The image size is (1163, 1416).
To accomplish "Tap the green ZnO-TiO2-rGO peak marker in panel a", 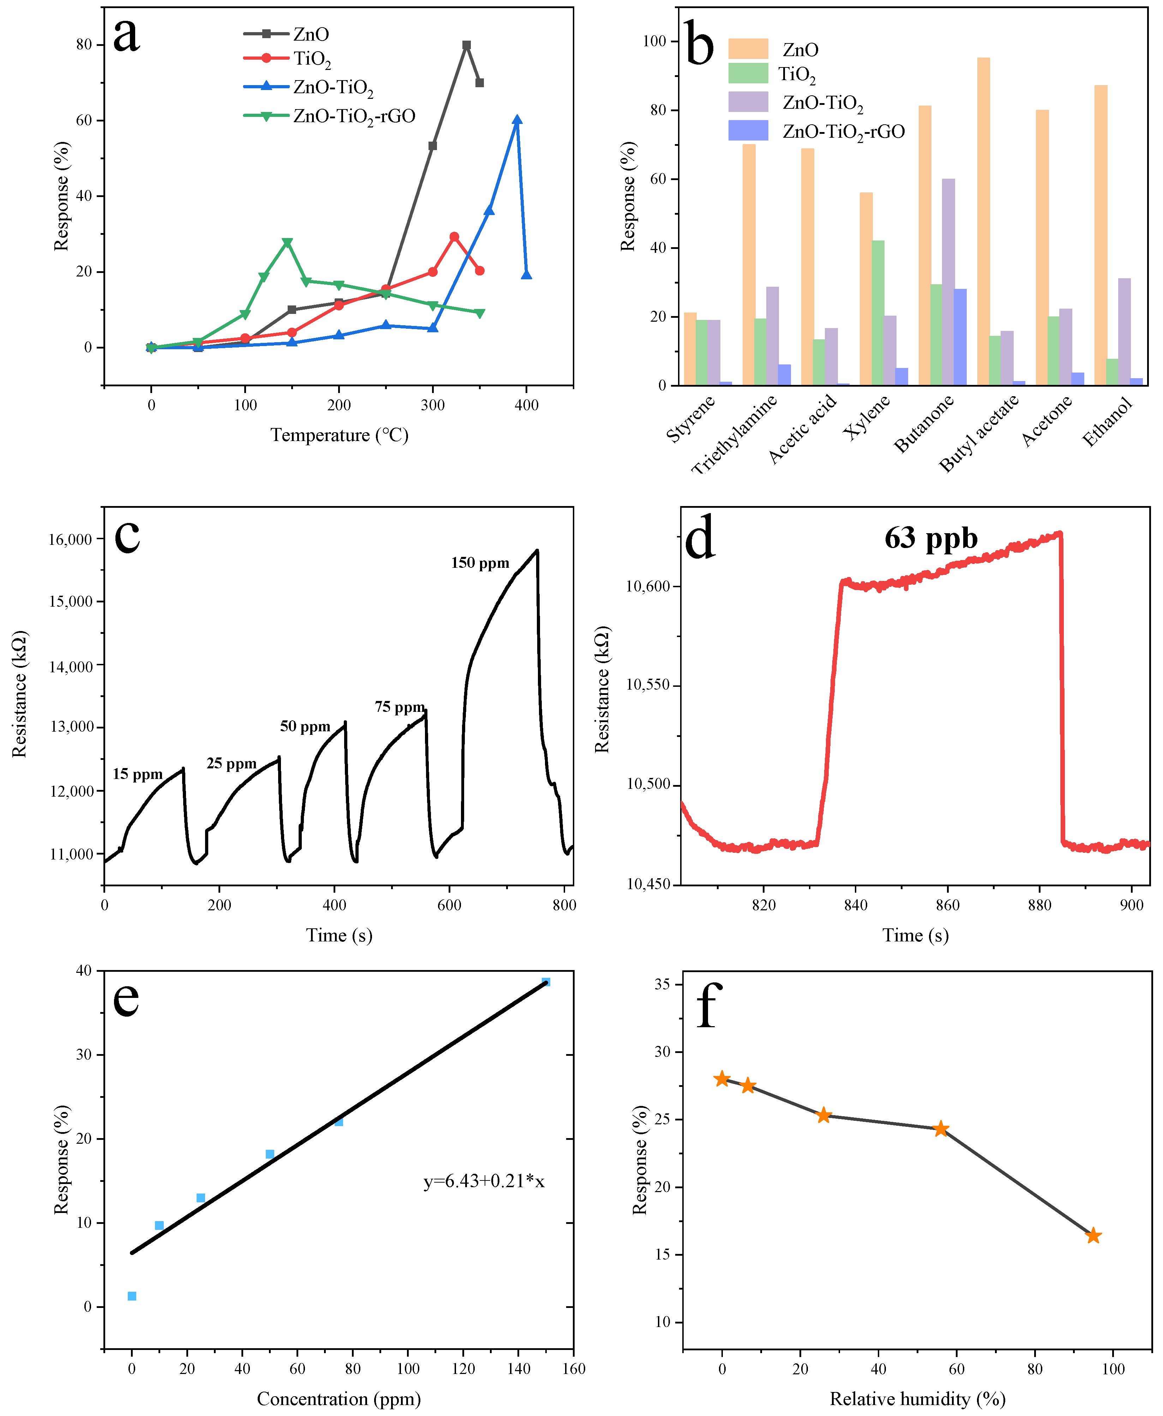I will pyautogui.click(x=287, y=243).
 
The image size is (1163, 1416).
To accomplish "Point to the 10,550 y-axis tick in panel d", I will pyautogui.click(x=648, y=685).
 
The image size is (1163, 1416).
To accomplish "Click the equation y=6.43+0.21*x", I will pyautogui.click(x=484, y=1182).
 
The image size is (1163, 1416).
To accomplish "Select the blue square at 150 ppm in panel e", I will pyautogui.click(x=546, y=982).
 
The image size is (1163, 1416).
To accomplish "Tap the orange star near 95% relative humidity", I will pyautogui.click(x=1093, y=1236).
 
